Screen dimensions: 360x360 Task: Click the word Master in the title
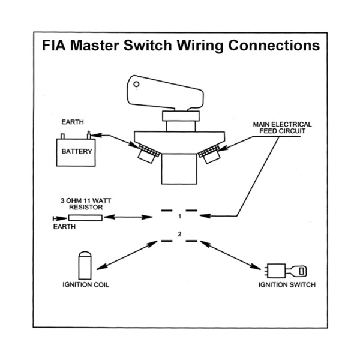94,45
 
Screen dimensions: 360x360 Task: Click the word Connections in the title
274,45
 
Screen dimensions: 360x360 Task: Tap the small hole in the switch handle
136,84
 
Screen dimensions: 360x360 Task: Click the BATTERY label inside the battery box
77,152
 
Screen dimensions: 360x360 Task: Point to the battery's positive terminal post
89,136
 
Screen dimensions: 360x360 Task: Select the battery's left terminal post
62,136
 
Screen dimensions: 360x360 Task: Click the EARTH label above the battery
73,122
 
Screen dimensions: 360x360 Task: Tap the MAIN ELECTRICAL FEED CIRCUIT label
282,128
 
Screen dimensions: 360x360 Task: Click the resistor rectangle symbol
85,218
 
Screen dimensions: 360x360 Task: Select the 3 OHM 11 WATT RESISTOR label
86,204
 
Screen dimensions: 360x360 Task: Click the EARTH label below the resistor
64,227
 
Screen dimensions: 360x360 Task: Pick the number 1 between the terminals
180,217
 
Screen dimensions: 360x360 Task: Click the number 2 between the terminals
179,234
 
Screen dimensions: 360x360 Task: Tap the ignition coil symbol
85,265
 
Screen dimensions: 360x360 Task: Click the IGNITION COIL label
86,284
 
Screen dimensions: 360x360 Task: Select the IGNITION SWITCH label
287,284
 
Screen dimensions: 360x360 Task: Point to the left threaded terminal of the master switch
148,153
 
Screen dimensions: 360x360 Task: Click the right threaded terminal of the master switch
210,154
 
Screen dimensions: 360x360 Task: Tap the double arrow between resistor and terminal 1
128,217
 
